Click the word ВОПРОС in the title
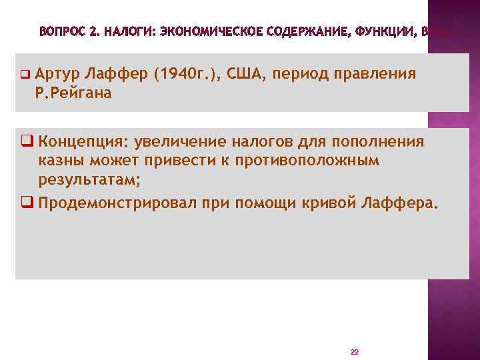61,31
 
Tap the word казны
61,160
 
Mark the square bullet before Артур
24,74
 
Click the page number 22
354,351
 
